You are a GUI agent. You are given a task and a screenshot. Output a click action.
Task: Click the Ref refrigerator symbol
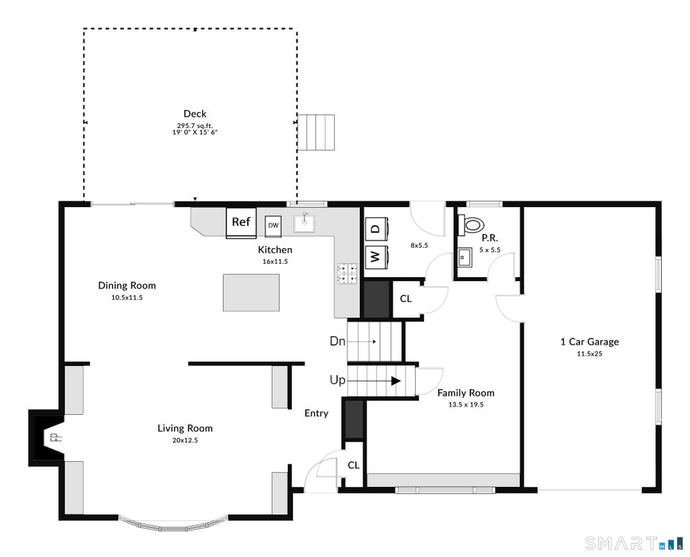241,223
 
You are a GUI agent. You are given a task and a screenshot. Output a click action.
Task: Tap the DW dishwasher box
274,225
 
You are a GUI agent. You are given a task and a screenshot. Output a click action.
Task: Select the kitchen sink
304,223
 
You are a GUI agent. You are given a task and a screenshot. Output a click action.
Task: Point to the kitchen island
251,293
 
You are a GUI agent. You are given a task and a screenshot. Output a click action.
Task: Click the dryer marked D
376,229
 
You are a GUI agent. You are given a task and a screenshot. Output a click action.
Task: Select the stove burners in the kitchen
347,273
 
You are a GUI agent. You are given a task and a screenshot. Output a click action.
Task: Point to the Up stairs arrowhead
396,381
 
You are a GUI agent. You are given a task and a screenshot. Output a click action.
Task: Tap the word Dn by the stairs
338,341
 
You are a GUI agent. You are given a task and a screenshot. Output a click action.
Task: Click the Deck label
195,113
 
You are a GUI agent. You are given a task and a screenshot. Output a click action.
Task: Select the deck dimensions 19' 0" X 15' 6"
195,131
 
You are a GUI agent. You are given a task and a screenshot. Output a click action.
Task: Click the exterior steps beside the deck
316,133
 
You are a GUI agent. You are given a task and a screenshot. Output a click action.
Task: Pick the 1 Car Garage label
590,342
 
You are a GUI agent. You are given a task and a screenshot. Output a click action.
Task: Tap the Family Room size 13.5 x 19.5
466,405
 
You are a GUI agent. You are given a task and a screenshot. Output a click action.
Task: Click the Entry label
317,413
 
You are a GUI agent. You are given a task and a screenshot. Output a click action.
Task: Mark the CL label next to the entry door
354,465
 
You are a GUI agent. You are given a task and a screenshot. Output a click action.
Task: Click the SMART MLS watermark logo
634,544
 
